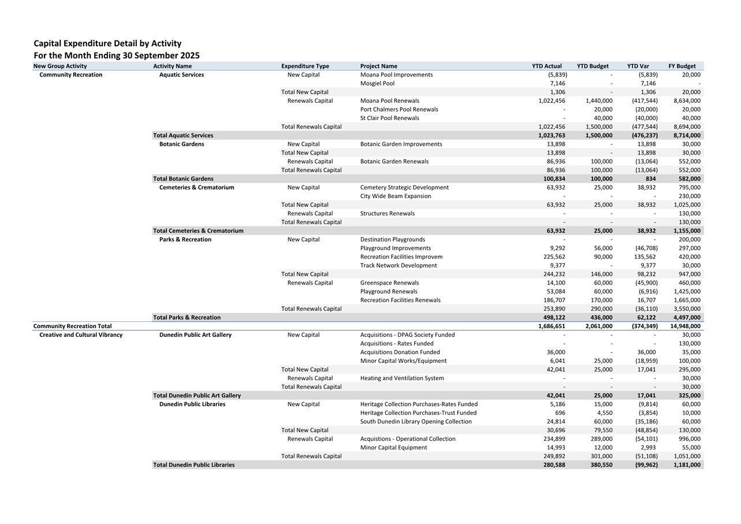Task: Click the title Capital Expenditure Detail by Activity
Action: coord(107,43)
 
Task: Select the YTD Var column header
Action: coord(638,66)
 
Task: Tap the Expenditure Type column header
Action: coord(305,66)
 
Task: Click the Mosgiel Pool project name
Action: coord(377,83)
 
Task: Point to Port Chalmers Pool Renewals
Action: coord(399,109)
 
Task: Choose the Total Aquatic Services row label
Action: coord(183,135)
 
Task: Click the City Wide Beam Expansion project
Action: coord(396,196)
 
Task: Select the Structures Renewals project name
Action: coord(387,213)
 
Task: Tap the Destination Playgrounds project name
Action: coord(392,239)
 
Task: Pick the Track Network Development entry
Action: coord(399,265)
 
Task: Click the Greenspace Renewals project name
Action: coord(389,283)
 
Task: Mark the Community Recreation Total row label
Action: coord(73,326)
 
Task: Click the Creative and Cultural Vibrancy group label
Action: coord(81,335)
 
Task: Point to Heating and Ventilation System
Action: coord(402,378)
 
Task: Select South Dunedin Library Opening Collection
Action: coord(416,421)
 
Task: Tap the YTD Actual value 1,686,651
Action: coord(552,326)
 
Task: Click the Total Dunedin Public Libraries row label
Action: coord(193,464)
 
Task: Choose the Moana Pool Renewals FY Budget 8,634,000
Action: coord(687,101)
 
